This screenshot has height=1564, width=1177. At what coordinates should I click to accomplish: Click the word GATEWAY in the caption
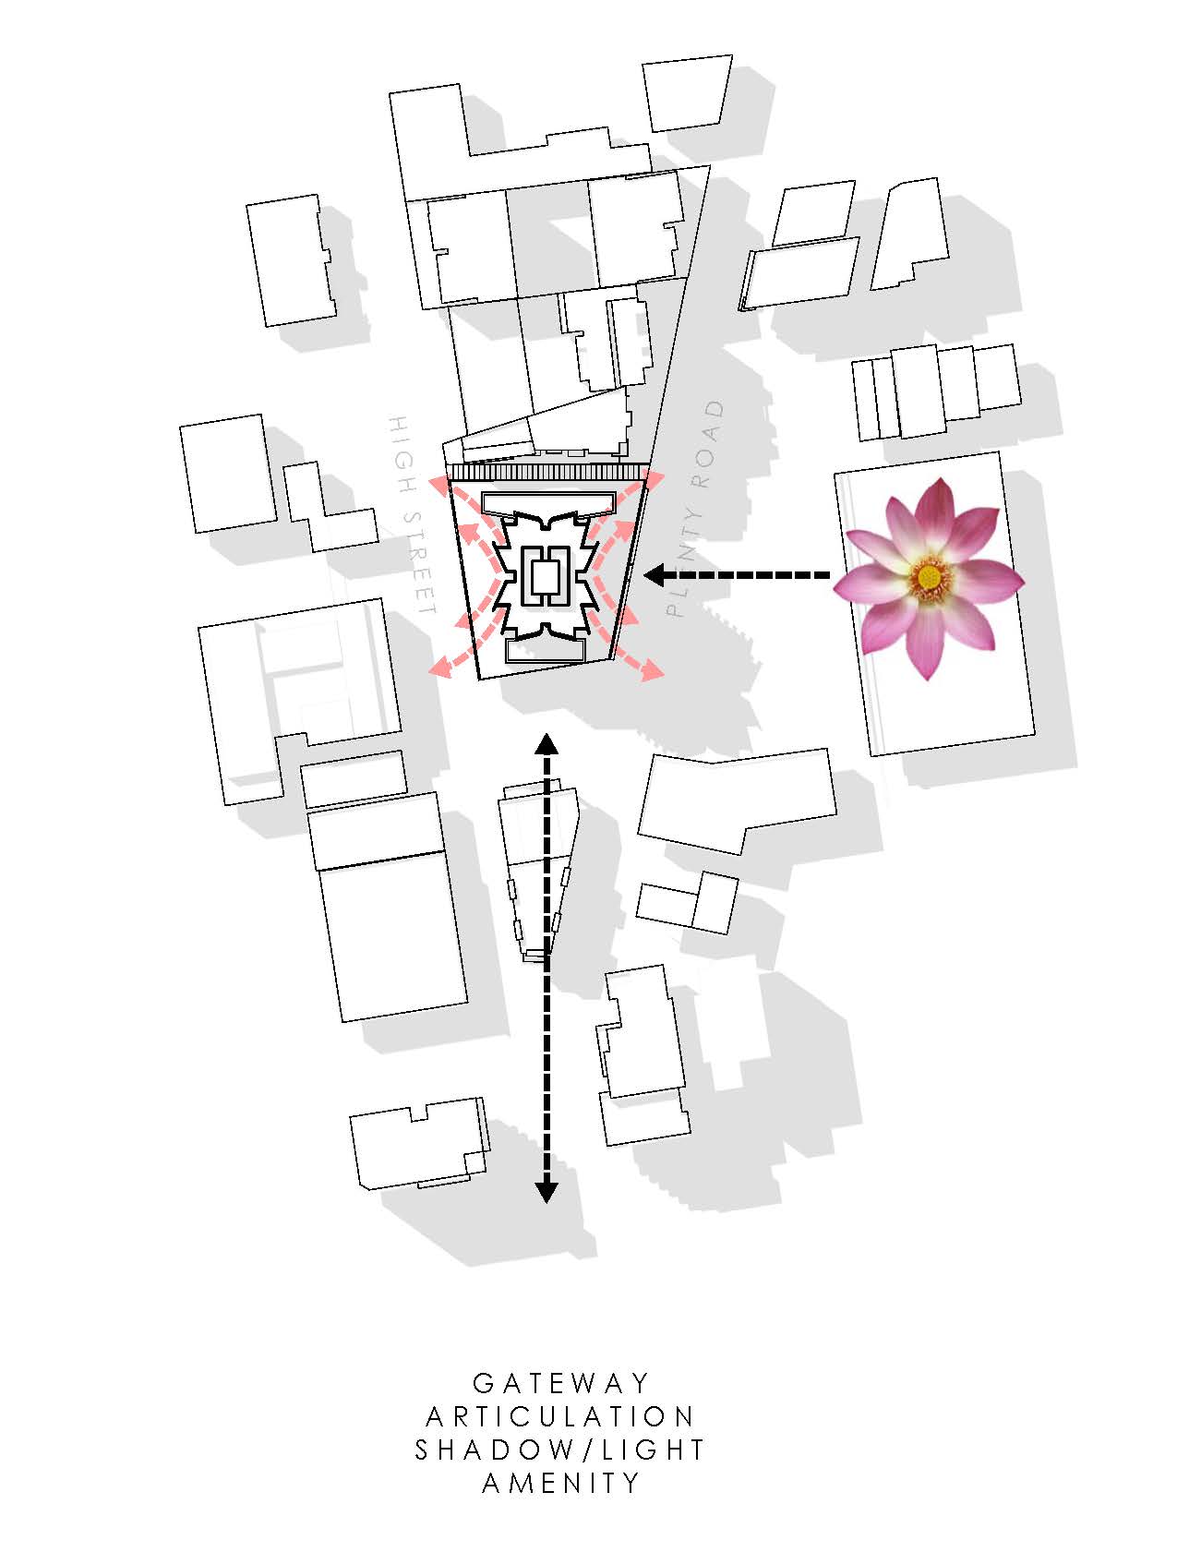[561, 1383]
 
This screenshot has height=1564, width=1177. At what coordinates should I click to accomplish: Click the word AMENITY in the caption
[560, 1483]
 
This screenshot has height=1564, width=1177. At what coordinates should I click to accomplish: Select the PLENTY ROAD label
[697, 508]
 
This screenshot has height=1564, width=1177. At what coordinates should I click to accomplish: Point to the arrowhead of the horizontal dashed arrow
[654, 575]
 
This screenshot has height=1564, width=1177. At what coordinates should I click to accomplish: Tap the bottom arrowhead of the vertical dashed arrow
[546, 1192]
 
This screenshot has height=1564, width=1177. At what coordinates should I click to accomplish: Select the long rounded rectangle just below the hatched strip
[548, 504]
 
